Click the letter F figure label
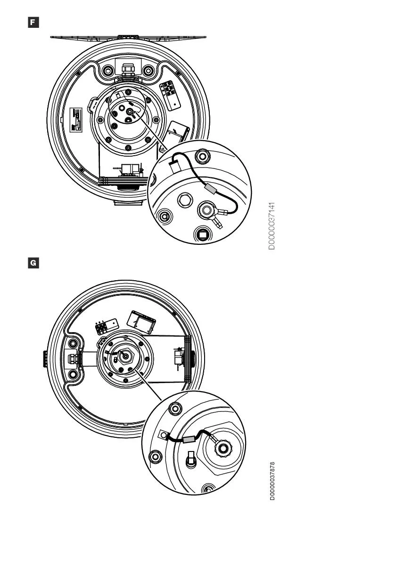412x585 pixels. coord(33,22)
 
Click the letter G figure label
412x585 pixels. coord(33,263)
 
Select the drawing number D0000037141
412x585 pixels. coord(272,226)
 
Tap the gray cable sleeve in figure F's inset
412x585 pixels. coord(211,188)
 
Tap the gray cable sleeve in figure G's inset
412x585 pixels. coord(190,440)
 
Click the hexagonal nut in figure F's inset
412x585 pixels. coord(185,201)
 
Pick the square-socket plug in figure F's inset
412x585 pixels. coord(202,234)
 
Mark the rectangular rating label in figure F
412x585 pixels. coord(76,120)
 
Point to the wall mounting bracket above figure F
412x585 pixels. coord(128,38)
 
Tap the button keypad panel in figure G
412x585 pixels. coord(107,326)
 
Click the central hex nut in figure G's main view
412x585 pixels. coord(126,356)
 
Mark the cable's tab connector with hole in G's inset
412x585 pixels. coord(164,435)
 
